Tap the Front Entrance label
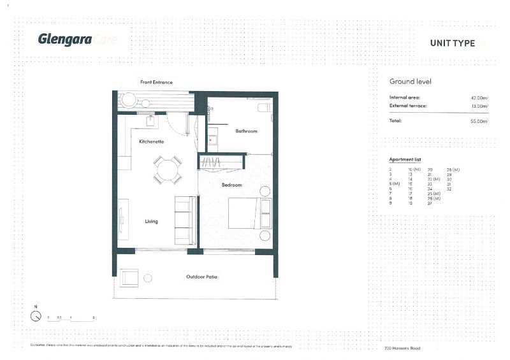tap(156, 82)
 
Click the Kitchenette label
tap(151, 141)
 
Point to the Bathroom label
tap(246, 131)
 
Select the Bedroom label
tap(232, 185)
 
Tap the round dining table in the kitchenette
tap(167, 170)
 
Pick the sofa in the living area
tap(185, 220)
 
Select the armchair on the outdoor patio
tap(129, 277)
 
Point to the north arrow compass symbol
tap(36, 315)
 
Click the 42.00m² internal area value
tap(479, 97)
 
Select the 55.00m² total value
tap(479, 121)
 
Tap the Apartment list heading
tap(405, 159)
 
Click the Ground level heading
tap(411, 82)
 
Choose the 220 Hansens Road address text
tap(402, 349)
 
